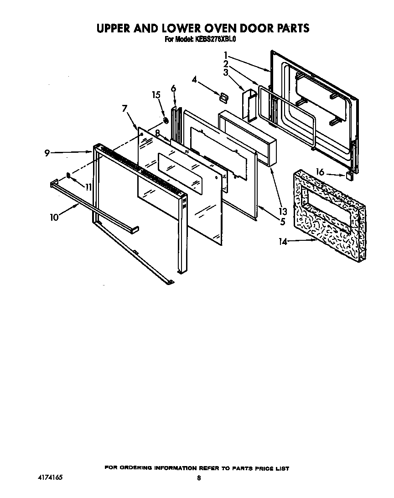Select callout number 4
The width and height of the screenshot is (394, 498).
(194, 79)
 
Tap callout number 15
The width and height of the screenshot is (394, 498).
(156, 95)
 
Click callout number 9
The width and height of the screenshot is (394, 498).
(47, 153)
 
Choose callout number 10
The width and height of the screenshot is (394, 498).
(55, 217)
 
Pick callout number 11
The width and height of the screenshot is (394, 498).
(88, 187)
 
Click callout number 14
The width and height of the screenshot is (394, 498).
(283, 242)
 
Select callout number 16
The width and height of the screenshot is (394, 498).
(320, 172)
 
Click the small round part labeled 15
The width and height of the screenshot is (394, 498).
(166, 121)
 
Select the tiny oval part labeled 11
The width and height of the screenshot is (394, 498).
(68, 175)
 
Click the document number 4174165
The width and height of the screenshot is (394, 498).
(50, 477)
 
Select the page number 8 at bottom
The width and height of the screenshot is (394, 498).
(199, 478)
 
